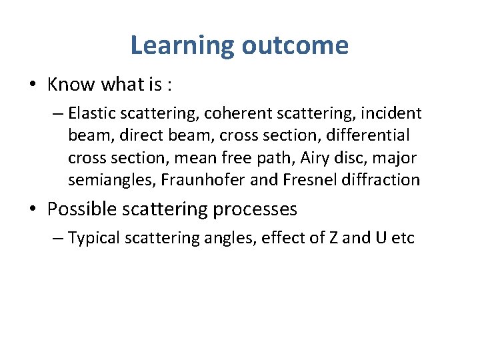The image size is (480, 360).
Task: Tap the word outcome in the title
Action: [295, 46]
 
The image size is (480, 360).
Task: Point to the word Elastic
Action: [89, 113]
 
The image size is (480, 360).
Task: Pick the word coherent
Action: [237, 113]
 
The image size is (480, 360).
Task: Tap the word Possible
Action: [80, 209]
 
